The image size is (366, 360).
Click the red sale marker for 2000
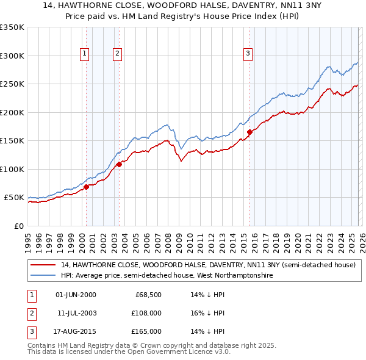tap(86, 187)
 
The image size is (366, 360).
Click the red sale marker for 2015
tap(249, 132)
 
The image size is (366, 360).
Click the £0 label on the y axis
tap(18, 226)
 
